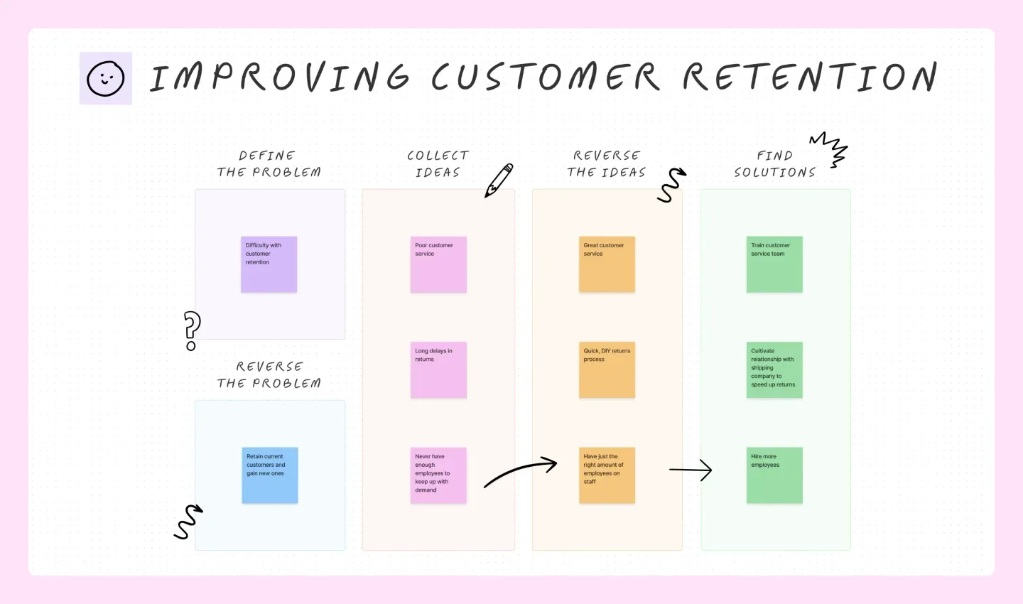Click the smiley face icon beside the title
(106, 78)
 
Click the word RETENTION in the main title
(810, 77)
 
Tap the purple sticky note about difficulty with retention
(269, 264)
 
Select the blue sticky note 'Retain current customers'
(270, 475)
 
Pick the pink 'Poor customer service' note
(438, 264)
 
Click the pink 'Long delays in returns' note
(438, 370)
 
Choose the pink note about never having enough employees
(438, 475)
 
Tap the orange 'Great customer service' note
(607, 264)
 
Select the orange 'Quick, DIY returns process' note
(607, 370)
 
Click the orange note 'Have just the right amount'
(607, 475)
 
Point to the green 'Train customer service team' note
(774, 264)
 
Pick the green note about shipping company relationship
(774, 370)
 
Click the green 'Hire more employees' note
(774, 475)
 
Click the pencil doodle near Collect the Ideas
(499, 180)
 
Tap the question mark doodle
(192, 330)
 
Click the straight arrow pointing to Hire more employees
(691, 470)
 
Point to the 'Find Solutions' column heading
(774, 164)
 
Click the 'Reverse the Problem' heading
(269, 374)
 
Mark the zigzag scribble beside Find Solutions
(830, 148)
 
